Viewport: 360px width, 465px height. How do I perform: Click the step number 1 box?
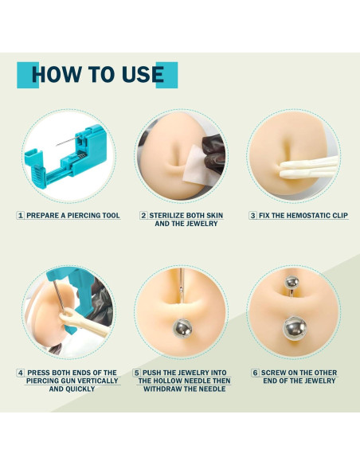(20, 216)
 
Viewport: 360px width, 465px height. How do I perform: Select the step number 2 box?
(143, 216)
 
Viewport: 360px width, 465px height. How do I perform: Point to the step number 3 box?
(252, 216)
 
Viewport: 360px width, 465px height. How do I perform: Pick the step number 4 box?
(20, 373)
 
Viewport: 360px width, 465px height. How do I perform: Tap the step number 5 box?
(137, 373)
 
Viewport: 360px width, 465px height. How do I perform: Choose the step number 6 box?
(255, 373)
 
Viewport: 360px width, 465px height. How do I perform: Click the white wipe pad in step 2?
(198, 166)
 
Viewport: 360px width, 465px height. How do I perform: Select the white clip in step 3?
(308, 167)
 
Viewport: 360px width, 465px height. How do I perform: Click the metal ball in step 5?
(182, 329)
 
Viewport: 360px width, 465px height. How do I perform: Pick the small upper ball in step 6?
(292, 282)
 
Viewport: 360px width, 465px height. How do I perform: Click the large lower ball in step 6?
(295, 328)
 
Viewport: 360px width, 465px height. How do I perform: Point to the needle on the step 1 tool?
(68, 141)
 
